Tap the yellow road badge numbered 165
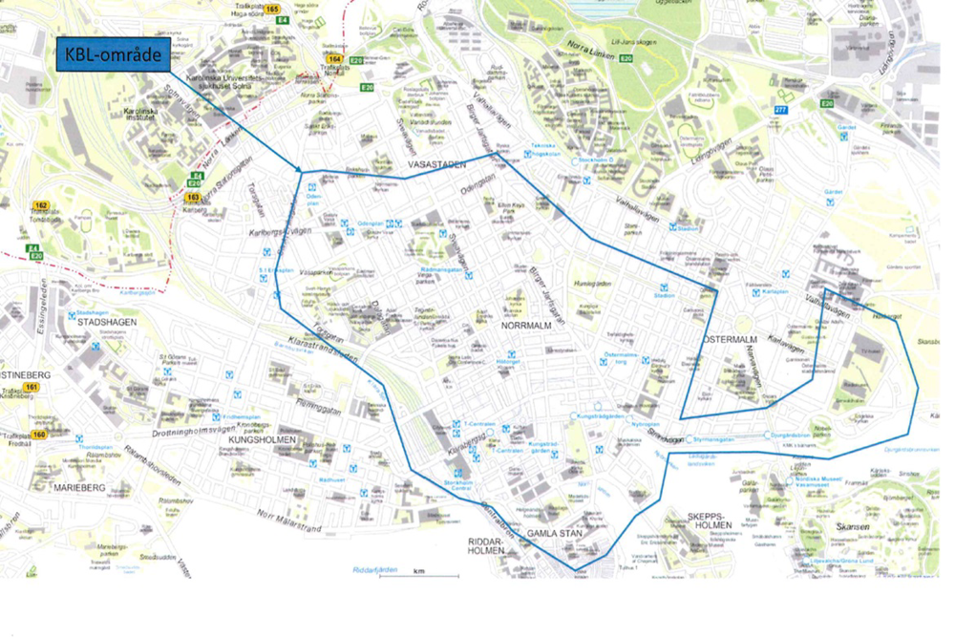click(274, 10)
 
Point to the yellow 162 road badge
click(41, 205)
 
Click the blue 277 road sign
click(781, 110)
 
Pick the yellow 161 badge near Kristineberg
click(32, 387)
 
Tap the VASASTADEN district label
click(436, 165)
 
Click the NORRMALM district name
click(523, 326)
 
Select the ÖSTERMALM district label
click(729, 340)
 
